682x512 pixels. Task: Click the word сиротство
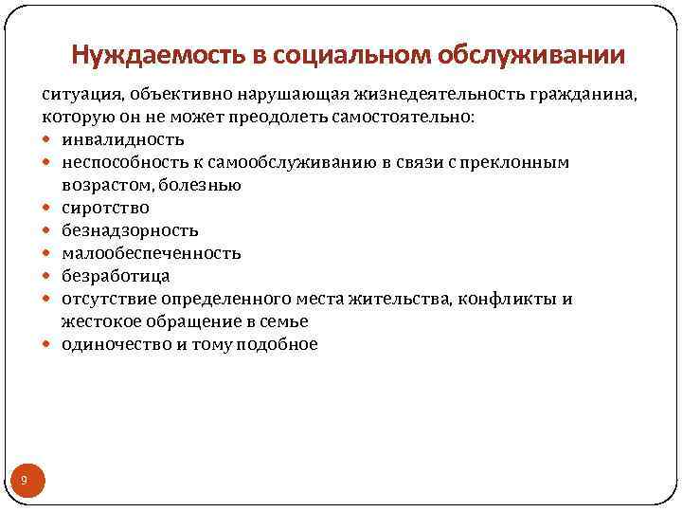pos(106,208)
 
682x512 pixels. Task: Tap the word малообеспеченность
pos(152,253)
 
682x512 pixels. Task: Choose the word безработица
pos(117,276)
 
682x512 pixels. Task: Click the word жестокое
pos(102,321)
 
